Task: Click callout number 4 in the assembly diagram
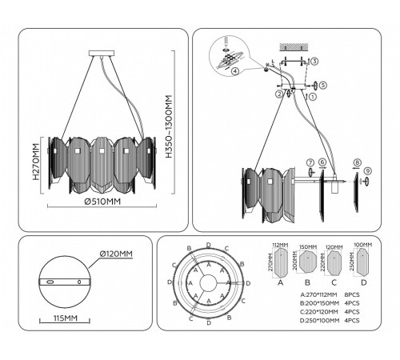click(x=234, y=71)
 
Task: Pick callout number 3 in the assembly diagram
click(x=315, y=62)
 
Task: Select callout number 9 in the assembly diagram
click(x=368, y=170)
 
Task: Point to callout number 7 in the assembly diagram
click(x=310, y=164)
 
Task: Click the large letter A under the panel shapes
click(x=280, y=282)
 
